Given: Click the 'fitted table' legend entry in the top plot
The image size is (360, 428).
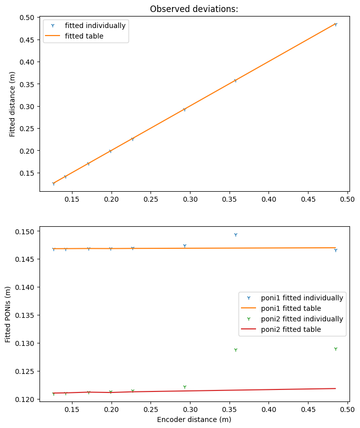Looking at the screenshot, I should tap(84, 36).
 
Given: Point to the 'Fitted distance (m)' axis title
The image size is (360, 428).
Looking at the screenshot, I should tap(12, 104).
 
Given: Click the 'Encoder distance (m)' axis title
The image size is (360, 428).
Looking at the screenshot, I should tap(194, 419).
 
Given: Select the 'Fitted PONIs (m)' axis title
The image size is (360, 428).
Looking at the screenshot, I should tap(8, 314).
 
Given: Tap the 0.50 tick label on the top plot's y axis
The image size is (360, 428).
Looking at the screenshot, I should tap(26, 18).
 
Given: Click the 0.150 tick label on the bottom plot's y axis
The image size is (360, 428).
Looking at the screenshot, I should tap(24, 232).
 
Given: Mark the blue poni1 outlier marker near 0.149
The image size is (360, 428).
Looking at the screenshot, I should tap(235, 234).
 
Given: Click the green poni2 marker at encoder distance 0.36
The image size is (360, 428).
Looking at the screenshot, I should tap(235, 350).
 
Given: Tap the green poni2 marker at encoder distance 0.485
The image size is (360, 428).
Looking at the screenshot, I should tap(335, 348).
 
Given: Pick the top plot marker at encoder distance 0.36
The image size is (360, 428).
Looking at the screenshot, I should tap(235, 81).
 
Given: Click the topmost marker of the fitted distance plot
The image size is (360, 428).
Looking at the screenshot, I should tap(335, 24).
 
